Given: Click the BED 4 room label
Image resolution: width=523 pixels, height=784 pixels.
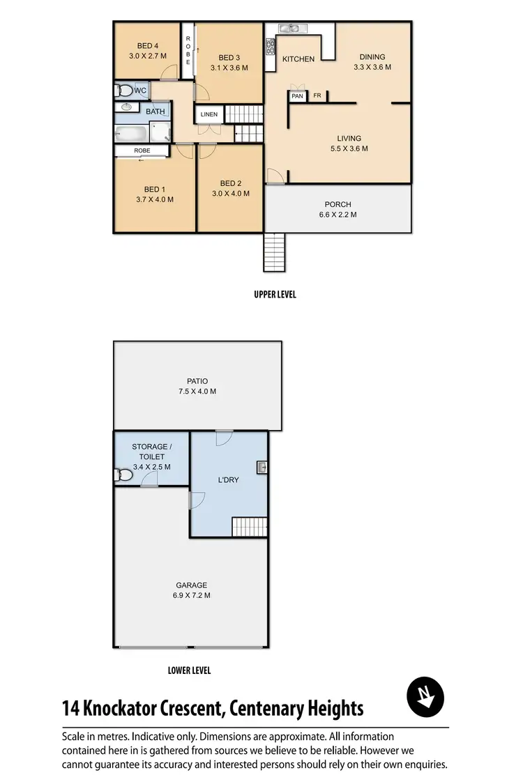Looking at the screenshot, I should tap(147, 46).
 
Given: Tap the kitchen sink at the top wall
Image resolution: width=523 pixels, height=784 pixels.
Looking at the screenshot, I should tap(289, 29).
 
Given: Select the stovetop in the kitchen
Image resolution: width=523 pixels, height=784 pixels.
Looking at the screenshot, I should tap(271, 46).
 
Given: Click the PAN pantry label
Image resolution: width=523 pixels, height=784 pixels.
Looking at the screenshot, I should tap(298, 96).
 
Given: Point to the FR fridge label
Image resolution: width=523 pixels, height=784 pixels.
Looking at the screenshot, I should tap(317, 96).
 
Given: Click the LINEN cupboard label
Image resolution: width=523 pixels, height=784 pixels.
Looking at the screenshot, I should tap(209, 114).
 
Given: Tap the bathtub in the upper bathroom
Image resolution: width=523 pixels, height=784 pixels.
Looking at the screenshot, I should tap(133, 134).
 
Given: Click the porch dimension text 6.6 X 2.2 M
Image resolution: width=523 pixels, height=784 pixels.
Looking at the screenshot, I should tap(338, 215).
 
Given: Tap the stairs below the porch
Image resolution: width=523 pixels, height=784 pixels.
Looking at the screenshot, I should tap(274, 252).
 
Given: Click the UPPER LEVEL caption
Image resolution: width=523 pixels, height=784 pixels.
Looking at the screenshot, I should tap(275, 295).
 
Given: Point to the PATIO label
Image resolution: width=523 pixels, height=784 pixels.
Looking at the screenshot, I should tap(197, 381).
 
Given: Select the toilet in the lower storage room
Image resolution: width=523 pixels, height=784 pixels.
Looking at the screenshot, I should tap(123, 475).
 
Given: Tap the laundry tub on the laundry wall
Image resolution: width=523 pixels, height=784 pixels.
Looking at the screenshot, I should tap(261, 468).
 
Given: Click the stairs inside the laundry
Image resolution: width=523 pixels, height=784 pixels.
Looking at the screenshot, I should tap(249, 527).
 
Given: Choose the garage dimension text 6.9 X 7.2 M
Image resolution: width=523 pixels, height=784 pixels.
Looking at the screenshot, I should tap(192, 595).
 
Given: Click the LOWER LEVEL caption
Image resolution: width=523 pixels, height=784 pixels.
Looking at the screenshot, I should tap(189, 670).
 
